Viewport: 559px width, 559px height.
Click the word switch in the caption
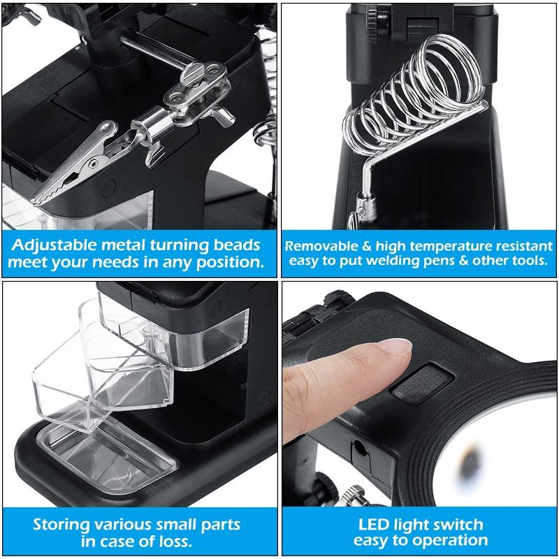[457, 525]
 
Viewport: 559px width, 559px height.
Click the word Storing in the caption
[59, 524]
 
